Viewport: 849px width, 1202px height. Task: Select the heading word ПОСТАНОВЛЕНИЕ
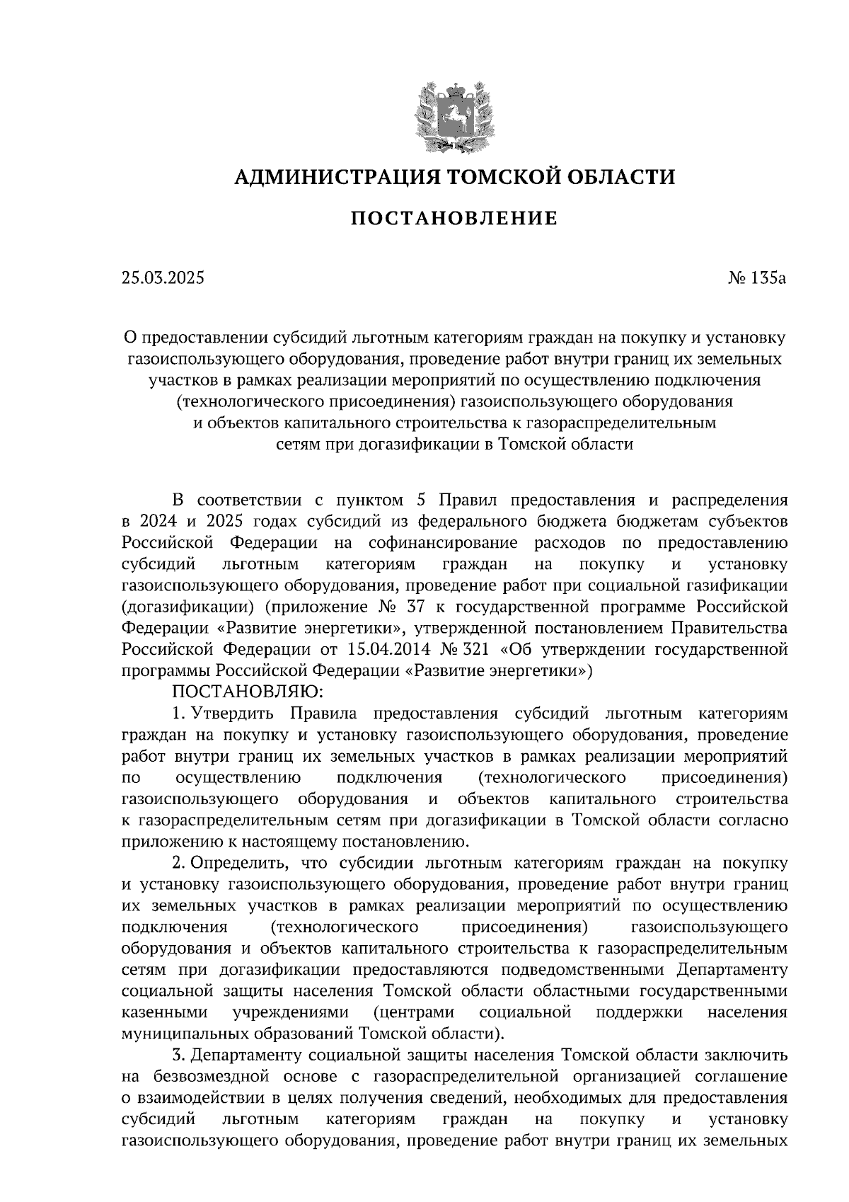point(454,218)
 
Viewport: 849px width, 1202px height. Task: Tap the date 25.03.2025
point(163,278)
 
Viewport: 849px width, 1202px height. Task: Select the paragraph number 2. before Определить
point(179,863)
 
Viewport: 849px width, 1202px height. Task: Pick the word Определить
point(237,863)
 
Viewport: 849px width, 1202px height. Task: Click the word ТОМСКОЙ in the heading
point(492,176)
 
